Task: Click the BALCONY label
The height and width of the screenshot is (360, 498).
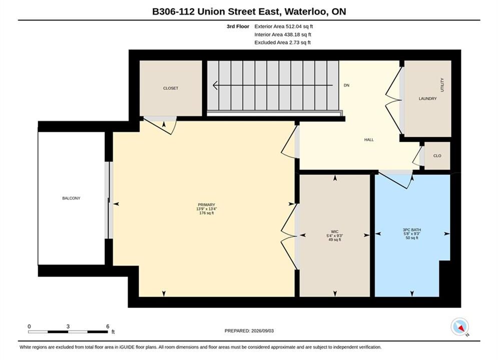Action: pyautogui.click(x=71, y=198)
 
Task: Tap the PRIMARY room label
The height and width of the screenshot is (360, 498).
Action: pyautogui.click(x=206, y=205)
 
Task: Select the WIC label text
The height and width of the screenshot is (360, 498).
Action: pyautogui.click(x=334, y=232)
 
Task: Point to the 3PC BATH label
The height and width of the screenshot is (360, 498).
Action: pyautogui.click(x=411, y=230)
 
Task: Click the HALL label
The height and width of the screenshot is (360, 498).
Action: pyautogui.click(x=369, y=139)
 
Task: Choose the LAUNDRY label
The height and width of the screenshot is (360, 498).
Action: pyautogui.click(x=427, y=98)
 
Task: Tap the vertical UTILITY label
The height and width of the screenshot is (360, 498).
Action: pyautogui.click(x=442, y=85)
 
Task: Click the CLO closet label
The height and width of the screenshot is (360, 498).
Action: pyautogui.click(x=437, y=155)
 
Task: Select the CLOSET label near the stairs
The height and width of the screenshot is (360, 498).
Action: pyautogui.click(x=171, y=88)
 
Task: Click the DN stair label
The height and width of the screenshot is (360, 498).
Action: pyautogui.click(x=346, y=85)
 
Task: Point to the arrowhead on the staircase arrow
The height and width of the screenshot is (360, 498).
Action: pyautogui.click(x=215, y=85)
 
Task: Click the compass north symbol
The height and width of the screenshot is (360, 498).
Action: pyautogui.click(x=460, y=326)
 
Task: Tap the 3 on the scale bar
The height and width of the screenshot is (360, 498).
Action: pyautogui.click(x=68, y=326)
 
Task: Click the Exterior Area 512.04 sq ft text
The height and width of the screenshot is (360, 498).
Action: pyautogui.click(x=284, y=26)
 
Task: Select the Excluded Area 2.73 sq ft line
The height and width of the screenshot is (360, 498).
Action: pyautogui.click(x=282, y=42)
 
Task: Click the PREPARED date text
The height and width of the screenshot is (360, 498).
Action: pyautogui.click(x=249, y=331)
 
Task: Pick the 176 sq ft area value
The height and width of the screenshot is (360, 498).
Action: pyautogui.click(x=206, y=213)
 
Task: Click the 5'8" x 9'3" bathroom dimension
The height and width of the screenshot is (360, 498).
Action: pyautogui.click(x=411, y=234)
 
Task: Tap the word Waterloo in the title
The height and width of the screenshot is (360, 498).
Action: pyautogui.click(x=305, y=11)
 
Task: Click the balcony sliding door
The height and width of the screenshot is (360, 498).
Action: pyautogui.click(x=109, y=200)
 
